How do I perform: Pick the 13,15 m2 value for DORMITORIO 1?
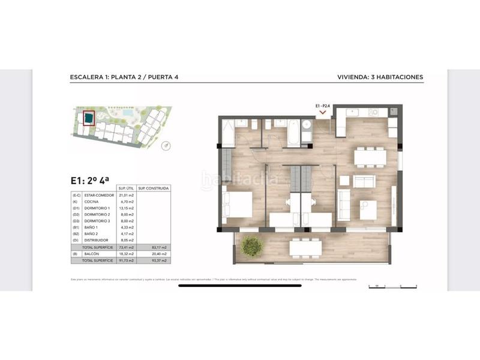coord(125,208)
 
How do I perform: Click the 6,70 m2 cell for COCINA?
coord(125,202)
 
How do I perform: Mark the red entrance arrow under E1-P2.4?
coord(323,112)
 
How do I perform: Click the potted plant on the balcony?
coord(251,246)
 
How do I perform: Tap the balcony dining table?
coord(305,247)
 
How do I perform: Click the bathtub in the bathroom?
coord(293,133)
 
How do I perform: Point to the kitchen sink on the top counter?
coord(350,112)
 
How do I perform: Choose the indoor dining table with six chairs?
coord(370,157)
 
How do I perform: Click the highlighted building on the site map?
coord(88,119)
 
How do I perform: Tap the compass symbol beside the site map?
coord(166,144)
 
